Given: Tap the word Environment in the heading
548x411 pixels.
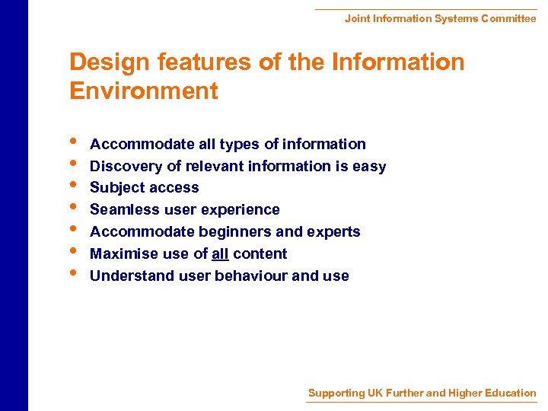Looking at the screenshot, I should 143,91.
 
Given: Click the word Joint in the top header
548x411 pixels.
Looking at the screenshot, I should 357,18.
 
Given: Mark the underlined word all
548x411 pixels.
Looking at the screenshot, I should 220,253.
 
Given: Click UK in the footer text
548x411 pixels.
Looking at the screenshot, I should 375,393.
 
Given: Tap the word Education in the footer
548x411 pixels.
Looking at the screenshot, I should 508,393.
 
